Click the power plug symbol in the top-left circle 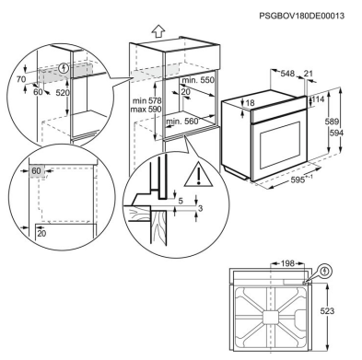click(63, 66)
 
